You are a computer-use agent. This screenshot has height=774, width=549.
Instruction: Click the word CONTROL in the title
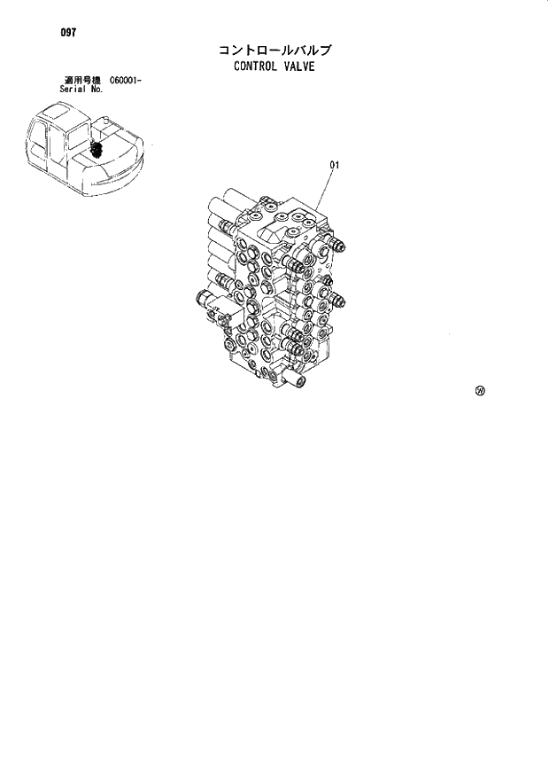click(x=255, y=66)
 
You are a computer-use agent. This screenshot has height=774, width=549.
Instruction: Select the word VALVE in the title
click(x=299, y=66)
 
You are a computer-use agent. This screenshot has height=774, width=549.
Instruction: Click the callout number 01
click(x=336, y=165)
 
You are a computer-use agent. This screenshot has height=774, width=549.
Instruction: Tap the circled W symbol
click(x=480, y=390)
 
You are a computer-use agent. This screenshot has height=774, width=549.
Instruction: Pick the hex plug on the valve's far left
click(x=199, y=299)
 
